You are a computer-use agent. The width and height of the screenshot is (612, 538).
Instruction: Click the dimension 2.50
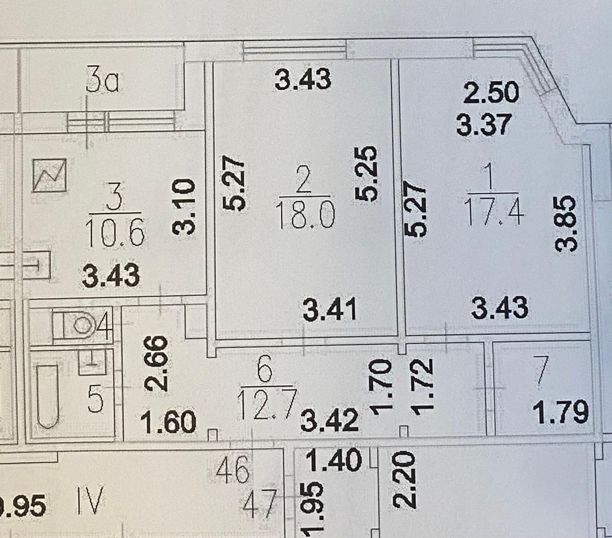(x=492, y=92)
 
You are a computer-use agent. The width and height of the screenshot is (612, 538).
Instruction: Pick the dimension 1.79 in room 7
(x=560, y=414)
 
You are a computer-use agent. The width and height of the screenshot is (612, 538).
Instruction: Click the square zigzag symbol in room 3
(x=50, y=175)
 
